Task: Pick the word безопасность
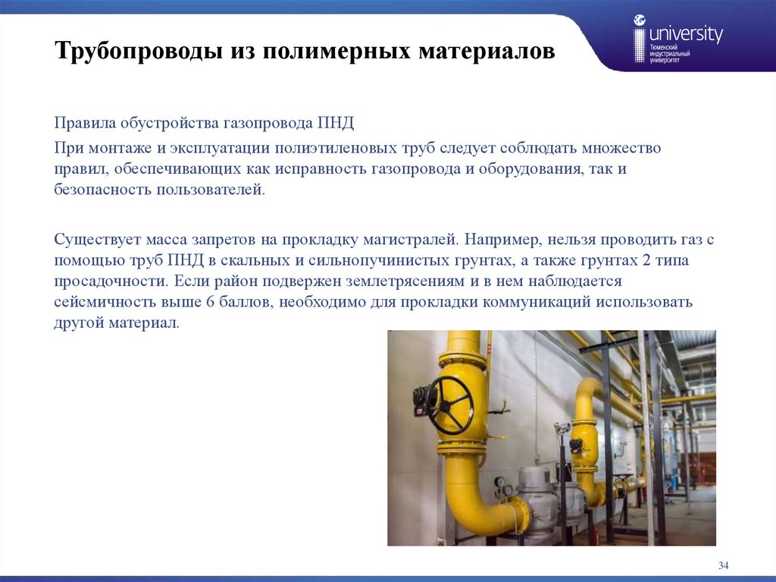coord(103,189)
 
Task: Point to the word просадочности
coord(108,282)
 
